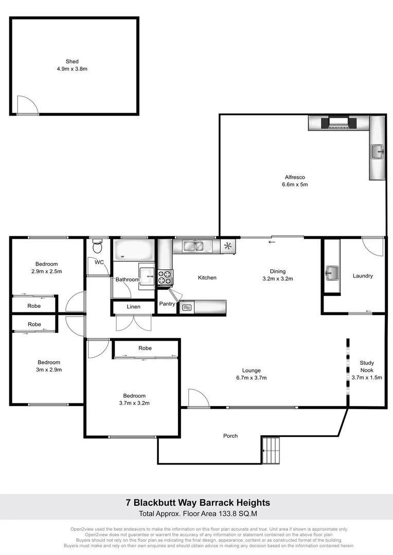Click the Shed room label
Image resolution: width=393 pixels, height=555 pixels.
pyautogui.click(x=72, y=61)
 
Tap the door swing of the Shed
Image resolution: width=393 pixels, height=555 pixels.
pyautogui.click(x=27, y=104)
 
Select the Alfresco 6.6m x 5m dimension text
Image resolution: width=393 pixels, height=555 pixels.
pyautogui.click(x=295, y=184)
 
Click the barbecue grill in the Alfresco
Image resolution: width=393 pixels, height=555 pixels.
pyautogui.click(x=337, y=123)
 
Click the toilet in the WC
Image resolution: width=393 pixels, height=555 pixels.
pyautogui.click(x=96, y=248)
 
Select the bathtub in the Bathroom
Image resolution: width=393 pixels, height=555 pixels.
pyautogui.click(x=133, y=250)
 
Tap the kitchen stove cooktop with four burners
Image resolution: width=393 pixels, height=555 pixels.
pyautogui.click(x=165, y=277)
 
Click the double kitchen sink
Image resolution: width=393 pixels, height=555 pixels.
pyautogui.click(x=194, y=247)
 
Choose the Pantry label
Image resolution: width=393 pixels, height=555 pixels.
pyautogui.click(x=167, y=304)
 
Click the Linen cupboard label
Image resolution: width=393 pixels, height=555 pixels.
pyautogui.click(x=133, y=307)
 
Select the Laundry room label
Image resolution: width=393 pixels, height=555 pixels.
pyautogui.click(x=363, y=276)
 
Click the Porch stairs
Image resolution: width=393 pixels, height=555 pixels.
pyautogui.click(x=272, y=451)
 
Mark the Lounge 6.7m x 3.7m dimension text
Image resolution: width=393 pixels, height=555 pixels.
pyautogui.click(x=252, y=378)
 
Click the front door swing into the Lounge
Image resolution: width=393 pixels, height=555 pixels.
pyautogui.click(x=197, y=398)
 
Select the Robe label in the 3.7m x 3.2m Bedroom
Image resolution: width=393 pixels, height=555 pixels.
pyautogui.click(x=145, y=348)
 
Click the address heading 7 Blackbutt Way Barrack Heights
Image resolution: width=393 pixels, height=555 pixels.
pyautogui.click(x=198, y=503)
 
